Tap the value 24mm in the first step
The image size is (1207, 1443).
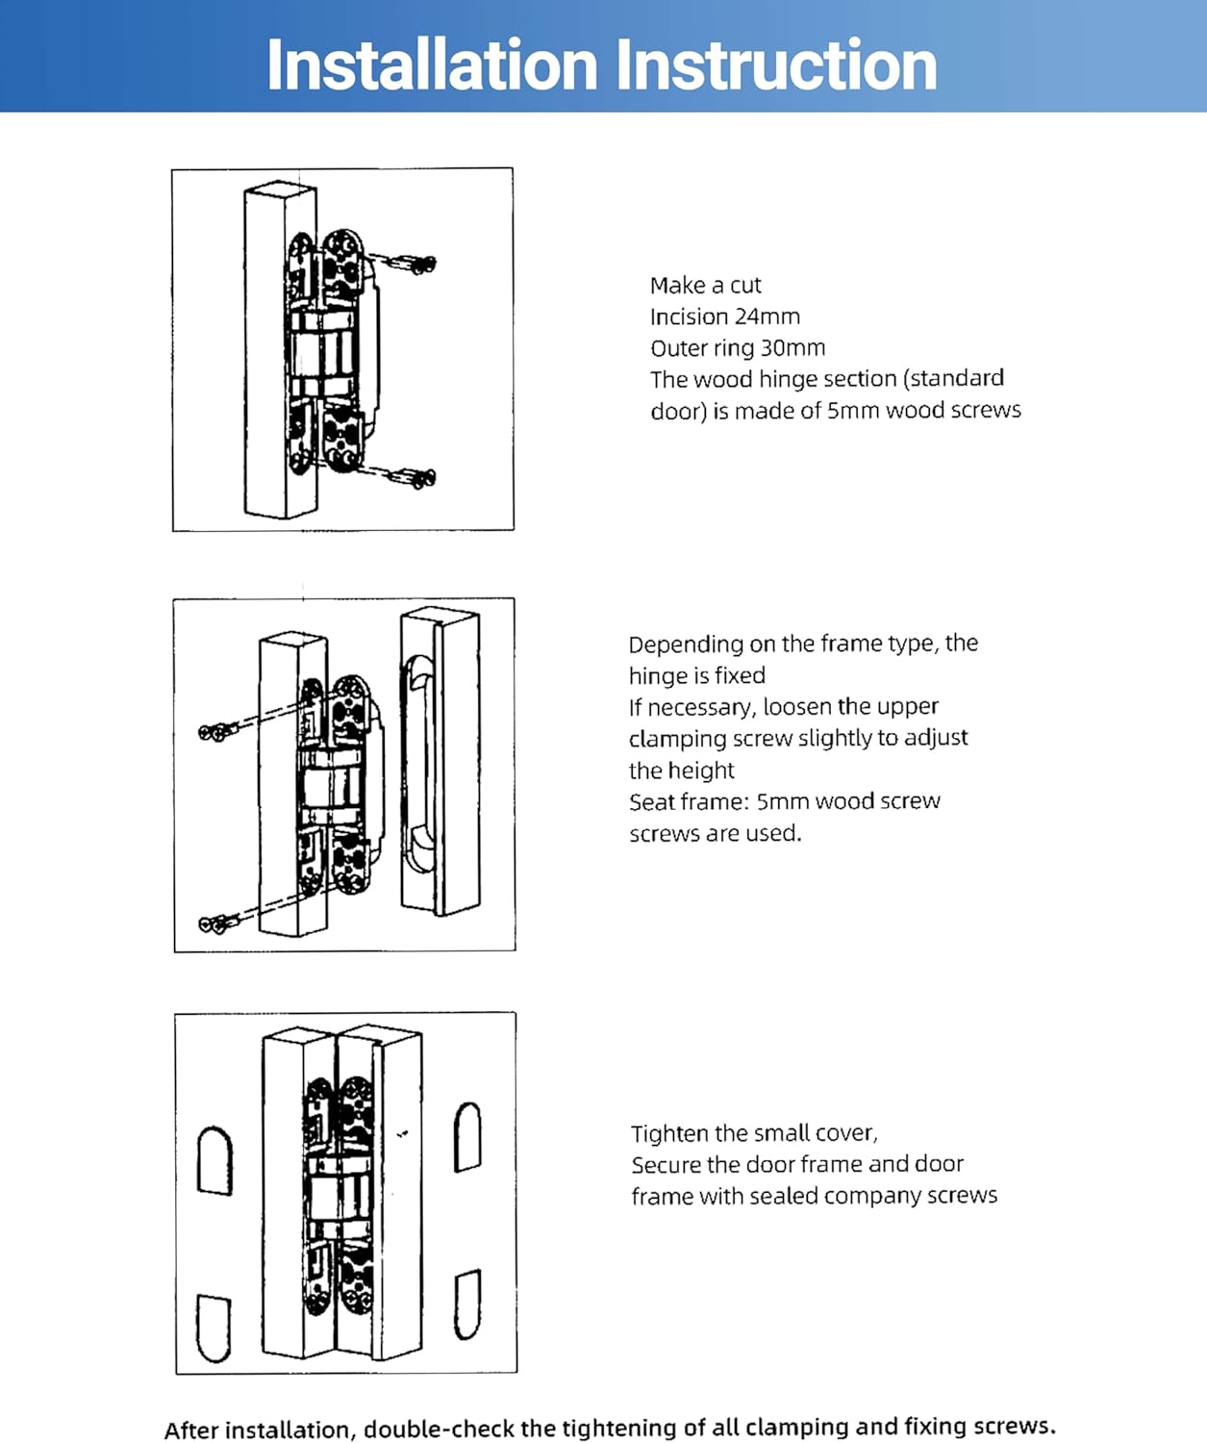[767, 316]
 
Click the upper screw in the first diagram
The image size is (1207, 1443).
[414, 263]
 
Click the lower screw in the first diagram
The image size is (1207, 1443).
[414, 475]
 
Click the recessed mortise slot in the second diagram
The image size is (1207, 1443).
[418, 765]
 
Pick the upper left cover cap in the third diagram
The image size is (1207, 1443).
[214, 1160]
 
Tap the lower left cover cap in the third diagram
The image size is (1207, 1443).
[214, 1328]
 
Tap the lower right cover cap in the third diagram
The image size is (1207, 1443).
[467, 1304]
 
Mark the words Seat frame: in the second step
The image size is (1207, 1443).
[689, 801]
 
